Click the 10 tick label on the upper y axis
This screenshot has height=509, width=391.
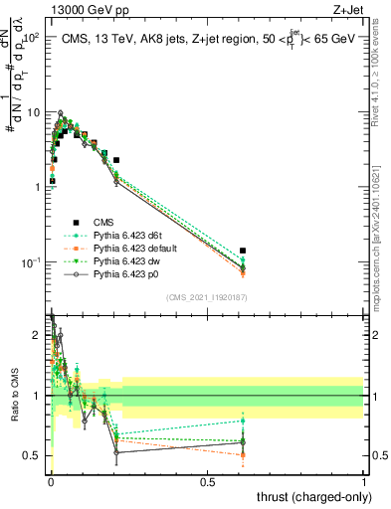pyautogui.click(x=35, y=111)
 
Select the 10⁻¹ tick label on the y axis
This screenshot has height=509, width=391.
pyautogui.click(x=32, y=261)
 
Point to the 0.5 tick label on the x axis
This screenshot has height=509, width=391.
pyautogui.click(x=208, y=482)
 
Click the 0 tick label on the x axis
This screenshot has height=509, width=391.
pyautogui.click(x=51, y=482)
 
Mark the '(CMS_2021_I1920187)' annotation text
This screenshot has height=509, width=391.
pyautogui.click(x=207, y=297)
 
